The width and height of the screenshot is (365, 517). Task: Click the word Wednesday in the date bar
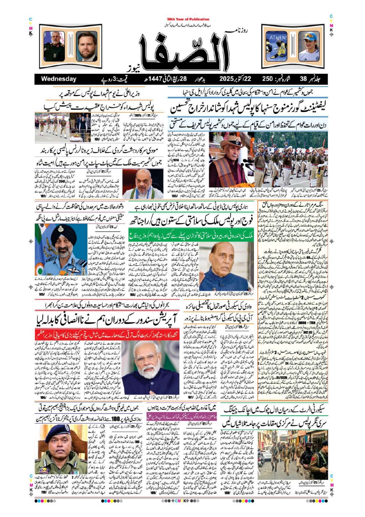pyautogui.click(x=59, y=79)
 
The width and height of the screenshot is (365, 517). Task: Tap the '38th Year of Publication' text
pyautogui.click(x=188, y=19)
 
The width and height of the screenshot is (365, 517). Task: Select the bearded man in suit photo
pyautogui.click(x=87, y=46)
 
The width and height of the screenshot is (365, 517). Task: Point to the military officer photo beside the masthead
pyautogui.click(x=54, y=46)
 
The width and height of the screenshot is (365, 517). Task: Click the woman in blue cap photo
pyautogui.click(x=309, y=46)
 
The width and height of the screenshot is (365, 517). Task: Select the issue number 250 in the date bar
pyautogui.click(x=267, y=79)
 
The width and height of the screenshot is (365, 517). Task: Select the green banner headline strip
pyautogui.click(x=191, y=235)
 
